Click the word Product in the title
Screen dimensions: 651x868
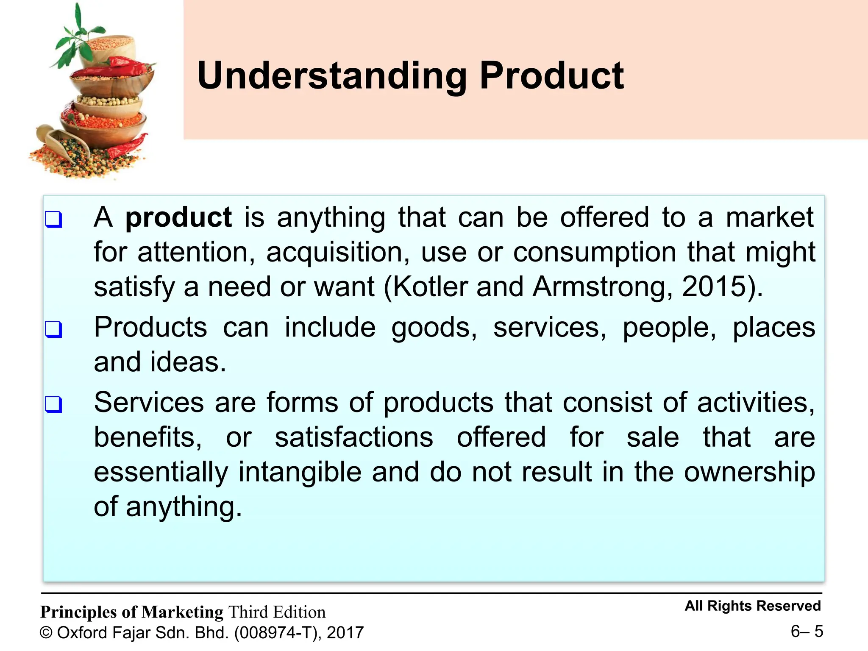pos(551,76)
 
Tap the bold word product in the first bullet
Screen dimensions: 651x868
pos(178,218)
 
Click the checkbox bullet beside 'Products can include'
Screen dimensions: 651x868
pos(54,329)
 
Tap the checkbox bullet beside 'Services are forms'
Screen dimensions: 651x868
pos(54,404)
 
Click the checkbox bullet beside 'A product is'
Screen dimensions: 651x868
pos(54,220)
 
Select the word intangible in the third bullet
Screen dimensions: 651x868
pos(300,472)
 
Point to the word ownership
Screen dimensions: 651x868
pos(749,472)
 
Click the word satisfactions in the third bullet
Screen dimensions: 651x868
pos(354,437)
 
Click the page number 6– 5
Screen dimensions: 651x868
pos(807,632)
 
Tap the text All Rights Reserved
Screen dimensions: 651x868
pos(753,606)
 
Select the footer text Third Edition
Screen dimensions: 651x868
pos(277,612)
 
